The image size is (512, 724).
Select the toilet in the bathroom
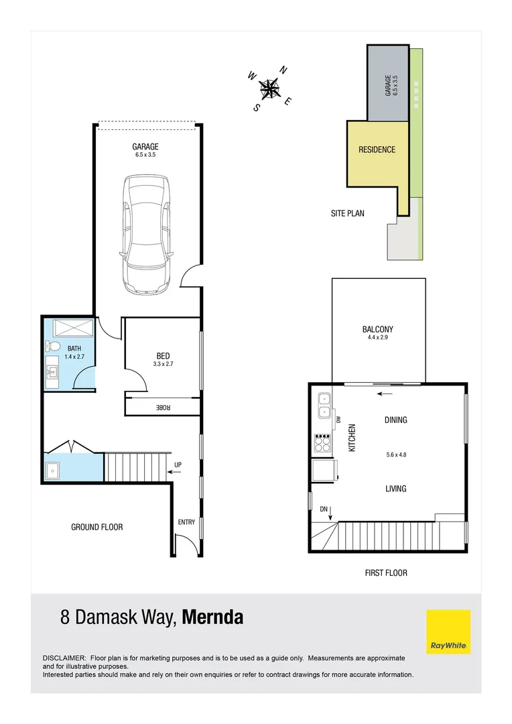(x=53, y=347)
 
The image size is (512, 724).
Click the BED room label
(x=163, y=356)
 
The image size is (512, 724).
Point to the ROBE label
(x=163, y=407)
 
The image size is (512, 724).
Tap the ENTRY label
(x=186, y=522)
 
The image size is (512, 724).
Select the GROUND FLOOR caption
(x=97, y=528)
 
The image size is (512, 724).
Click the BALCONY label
(x=377, y=329)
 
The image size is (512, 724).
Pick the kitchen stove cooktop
(x=322, y=442)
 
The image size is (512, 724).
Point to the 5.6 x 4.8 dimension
(x=395, y=455)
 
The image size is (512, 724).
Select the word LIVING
(x=395, y=489)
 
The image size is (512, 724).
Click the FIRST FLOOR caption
(x=386, y=572)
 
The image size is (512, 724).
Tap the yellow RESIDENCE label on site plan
(x=377, y=149)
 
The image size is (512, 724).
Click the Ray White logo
(x=448, y=632)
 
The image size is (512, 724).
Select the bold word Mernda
(x=213, y=617)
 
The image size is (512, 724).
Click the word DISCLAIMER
(x=64, y=659)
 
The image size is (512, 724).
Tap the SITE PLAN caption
(x=348, y=213)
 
